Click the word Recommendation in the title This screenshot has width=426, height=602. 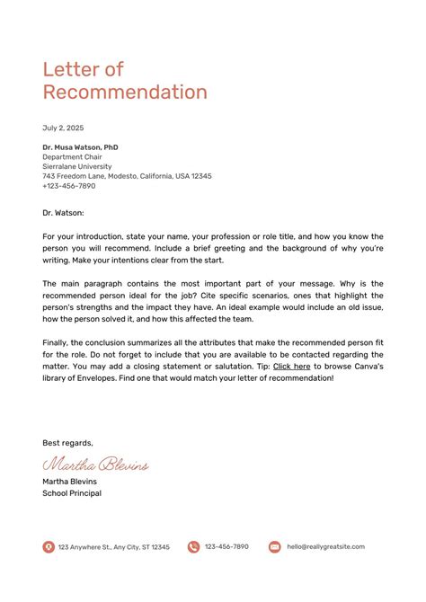pyautogui.click(x=125, y=92)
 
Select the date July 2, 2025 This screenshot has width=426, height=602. pyautogui.click(x=62, y=128)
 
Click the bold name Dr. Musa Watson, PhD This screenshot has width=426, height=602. pyautogui.click(x=80, y=146)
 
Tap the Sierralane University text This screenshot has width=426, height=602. pyautogui.click(x=77, y=166)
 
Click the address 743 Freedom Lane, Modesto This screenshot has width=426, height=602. pyautogui.click(x=127, y=176)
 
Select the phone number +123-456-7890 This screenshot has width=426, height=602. pyautogui.click(x=68, y=186)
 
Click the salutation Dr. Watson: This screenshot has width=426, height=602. pyautogui.click(x=63, y=213)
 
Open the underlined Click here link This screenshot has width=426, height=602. pyautogui.click(x=291, y=367)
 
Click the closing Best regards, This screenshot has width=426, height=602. pyautogui.click(x=67, y=442)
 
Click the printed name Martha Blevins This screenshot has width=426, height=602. pyautogui.click(x=69, y=482)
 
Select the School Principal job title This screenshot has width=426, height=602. pyautogui.click(x=72, y=493)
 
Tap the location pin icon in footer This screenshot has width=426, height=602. pyautogui.click(x=49, y=546)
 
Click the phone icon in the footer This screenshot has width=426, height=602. pyautogui.click(x=193, y=546)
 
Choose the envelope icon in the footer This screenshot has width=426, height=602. pyautogui.click(x=274, y=546)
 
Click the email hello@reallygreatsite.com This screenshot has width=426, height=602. pyautogui.click(x=325, y=546)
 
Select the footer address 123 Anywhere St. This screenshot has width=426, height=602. pyautogui.click(x=113, y=546)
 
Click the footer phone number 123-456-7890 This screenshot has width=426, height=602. pyautogui.click(x=226, y=546)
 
